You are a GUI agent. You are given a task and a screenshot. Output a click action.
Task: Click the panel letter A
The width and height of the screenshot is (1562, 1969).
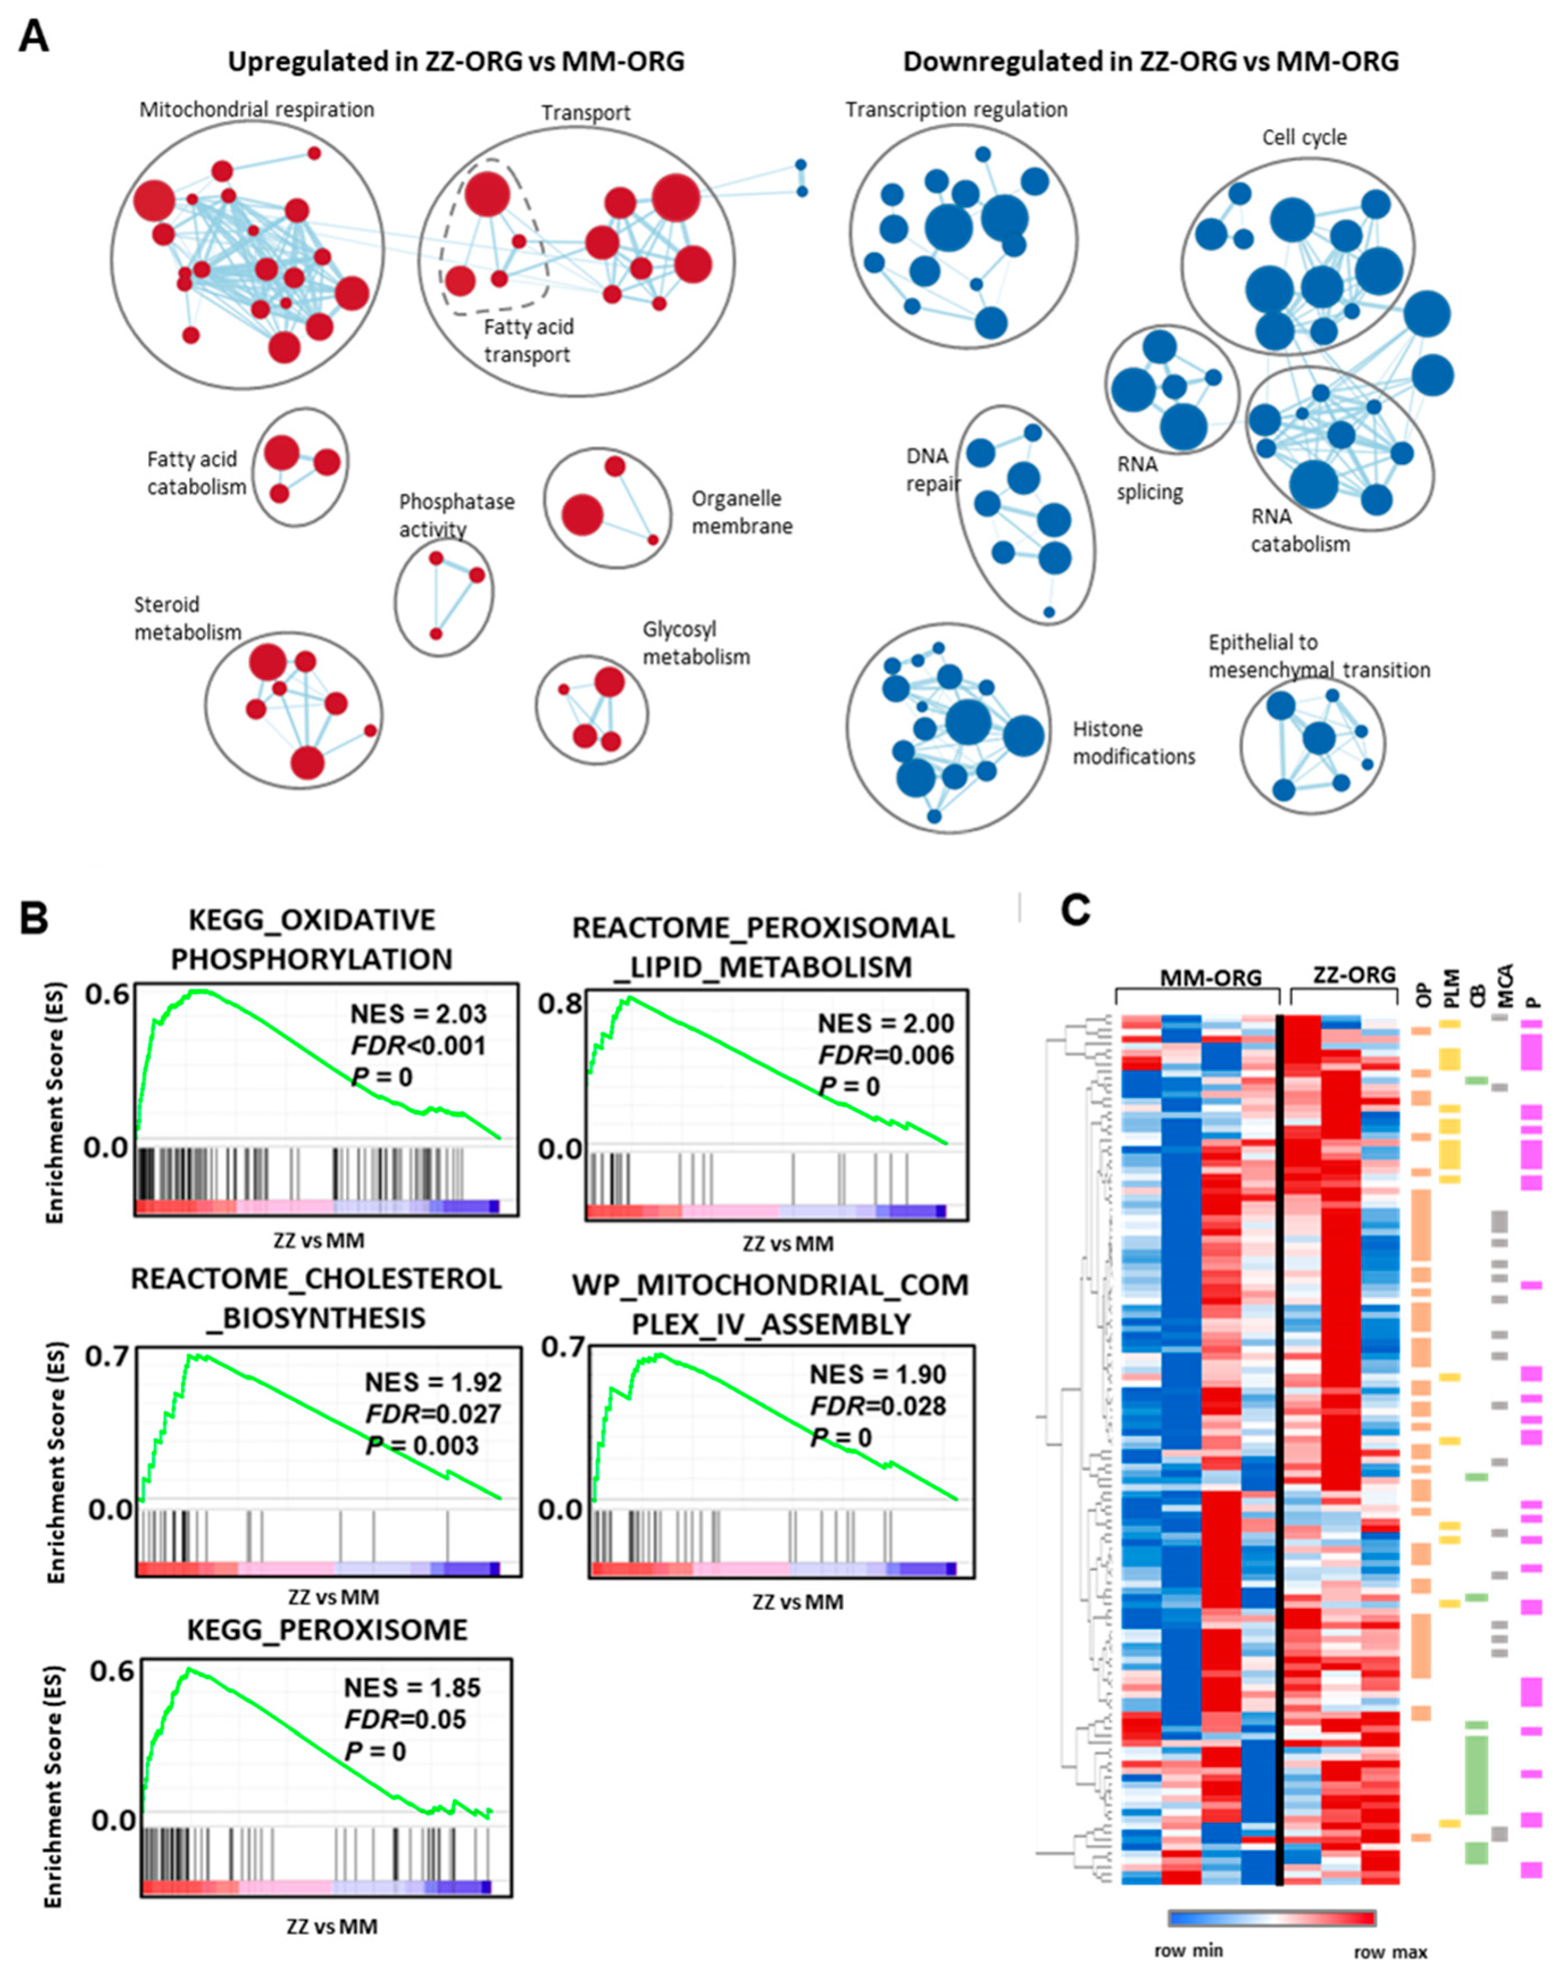34,36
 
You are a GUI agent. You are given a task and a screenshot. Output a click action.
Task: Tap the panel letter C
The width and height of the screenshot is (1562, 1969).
1075,910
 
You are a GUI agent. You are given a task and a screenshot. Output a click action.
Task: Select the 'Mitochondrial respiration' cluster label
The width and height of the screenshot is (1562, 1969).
257,110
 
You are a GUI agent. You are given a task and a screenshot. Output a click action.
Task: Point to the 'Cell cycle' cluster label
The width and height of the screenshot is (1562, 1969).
1304,137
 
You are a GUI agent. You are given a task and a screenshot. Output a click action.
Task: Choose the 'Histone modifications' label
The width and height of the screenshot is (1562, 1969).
1133,743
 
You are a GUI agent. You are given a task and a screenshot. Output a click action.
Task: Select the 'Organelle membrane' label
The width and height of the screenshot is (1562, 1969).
741,513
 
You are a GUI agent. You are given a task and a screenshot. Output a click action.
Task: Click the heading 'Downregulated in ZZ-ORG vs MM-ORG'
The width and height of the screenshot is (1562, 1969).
1150,61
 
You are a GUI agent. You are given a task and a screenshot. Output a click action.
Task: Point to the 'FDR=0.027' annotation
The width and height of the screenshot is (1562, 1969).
433,1414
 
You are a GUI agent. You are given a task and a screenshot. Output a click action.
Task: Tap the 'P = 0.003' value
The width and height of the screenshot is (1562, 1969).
422,1446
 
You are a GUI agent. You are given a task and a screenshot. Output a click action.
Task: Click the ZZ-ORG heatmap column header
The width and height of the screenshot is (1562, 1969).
1354,975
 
